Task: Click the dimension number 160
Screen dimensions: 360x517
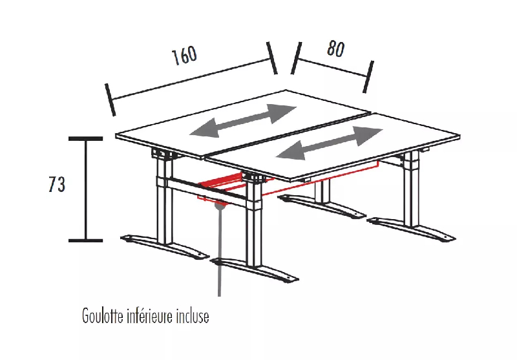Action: pos(184,56)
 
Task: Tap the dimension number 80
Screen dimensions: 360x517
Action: pos(335,49)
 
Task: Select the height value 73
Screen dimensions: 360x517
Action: pos(57,185)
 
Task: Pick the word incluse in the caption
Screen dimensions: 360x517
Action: pos(193,317)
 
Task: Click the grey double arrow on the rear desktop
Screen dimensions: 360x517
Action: pos(243,120)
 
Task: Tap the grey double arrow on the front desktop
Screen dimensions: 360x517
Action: pos(330,143)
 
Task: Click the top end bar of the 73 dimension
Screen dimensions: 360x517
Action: pos(86,138)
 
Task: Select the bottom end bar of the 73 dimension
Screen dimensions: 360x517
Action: pos(86,240)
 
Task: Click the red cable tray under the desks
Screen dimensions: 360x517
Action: pos(223,185)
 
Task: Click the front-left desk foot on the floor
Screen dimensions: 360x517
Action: pos(165,246)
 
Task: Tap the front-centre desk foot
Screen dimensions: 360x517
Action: pos(255,270)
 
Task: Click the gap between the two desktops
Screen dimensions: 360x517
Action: pos(288,132)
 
